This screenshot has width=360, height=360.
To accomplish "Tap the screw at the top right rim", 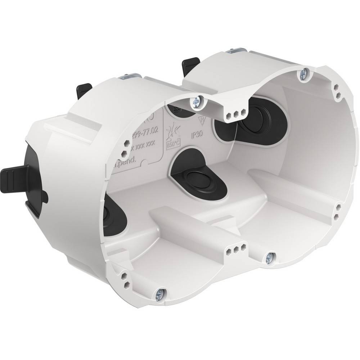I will (302, 75).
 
